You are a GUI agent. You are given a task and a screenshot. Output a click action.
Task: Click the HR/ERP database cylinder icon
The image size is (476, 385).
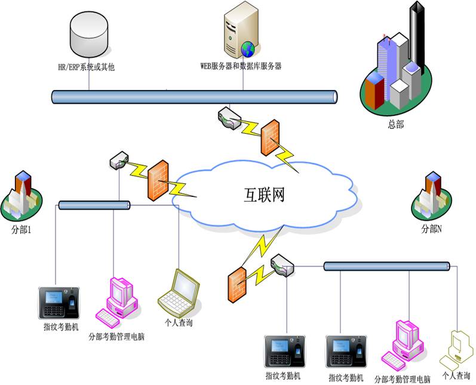coord(88,34)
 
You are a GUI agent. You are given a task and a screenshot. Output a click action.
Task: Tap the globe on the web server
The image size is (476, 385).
coord(248,49)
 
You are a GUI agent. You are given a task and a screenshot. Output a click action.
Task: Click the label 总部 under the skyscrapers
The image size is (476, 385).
coord(395,124)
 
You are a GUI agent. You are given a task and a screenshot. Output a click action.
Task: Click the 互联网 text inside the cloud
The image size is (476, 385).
coord(265,195)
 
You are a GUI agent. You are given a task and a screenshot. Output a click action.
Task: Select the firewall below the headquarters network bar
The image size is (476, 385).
coord(270,137)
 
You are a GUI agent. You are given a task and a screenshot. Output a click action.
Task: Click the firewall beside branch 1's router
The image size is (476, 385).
coord(158,180)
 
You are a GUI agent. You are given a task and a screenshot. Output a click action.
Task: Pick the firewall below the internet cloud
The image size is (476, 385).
coord(237,285)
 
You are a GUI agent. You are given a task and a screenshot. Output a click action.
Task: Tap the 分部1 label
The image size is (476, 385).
coord(21,230)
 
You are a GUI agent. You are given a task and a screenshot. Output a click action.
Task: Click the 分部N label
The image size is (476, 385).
coord(431,229)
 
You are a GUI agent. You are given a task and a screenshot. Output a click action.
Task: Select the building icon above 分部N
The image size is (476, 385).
coord(431,197)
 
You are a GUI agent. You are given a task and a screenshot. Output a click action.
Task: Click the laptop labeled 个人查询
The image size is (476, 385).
coord(179,293)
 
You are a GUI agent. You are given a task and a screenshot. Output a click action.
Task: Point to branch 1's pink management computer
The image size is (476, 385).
coord(116,302)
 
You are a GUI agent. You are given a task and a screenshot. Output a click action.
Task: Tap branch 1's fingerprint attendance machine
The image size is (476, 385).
coord(59,303)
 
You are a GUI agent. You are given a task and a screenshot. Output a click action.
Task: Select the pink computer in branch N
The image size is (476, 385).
coord(403,345)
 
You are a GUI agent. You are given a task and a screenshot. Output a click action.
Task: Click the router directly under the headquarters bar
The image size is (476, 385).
coord(229,118)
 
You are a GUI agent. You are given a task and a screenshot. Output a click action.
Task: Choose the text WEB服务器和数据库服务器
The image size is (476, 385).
coord(241,66)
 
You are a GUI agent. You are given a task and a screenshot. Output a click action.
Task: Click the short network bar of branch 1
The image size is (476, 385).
coord(94,205)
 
